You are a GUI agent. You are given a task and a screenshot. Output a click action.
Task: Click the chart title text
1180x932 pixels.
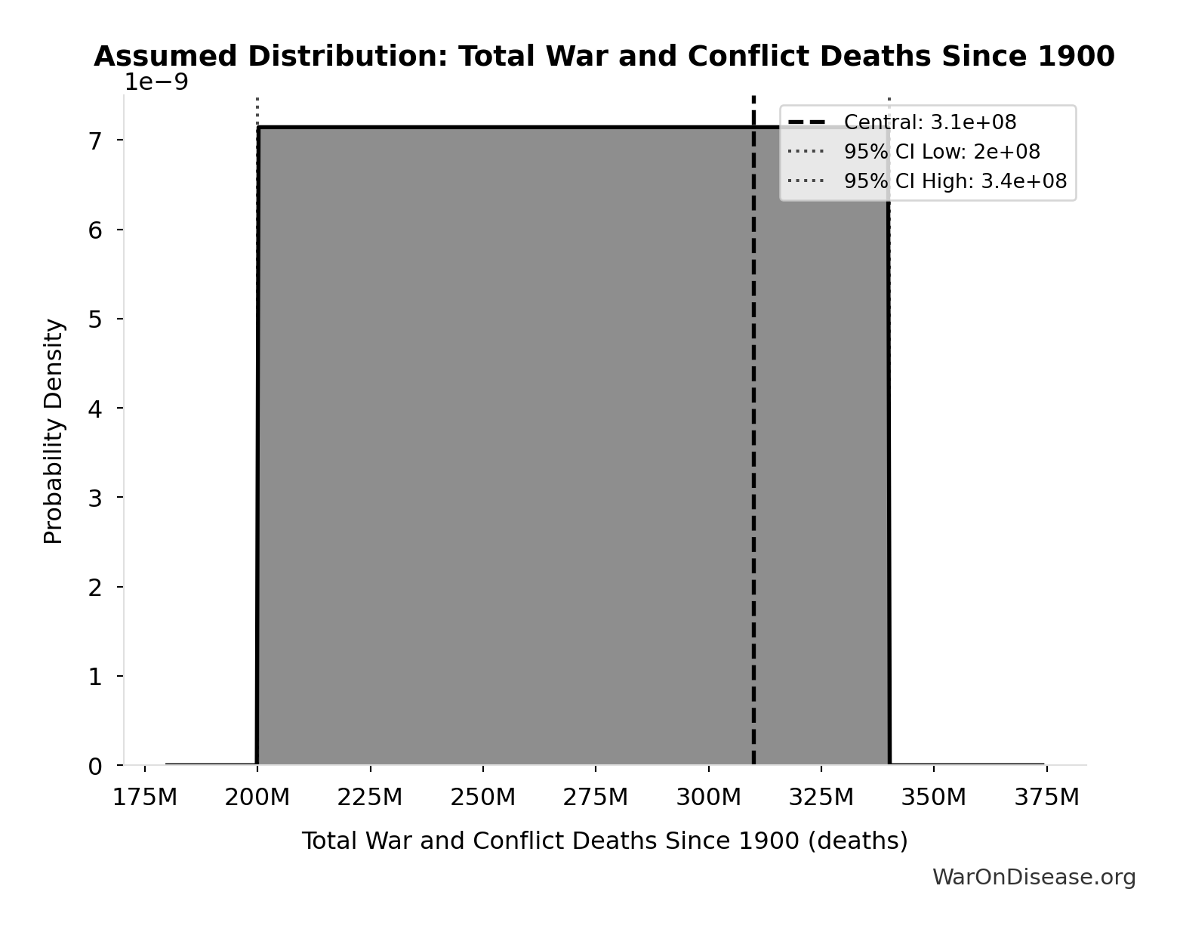[604, 57]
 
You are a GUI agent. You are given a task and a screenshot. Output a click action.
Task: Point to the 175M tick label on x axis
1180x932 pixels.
[145, 797]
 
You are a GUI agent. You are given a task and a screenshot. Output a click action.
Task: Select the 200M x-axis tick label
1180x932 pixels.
[257, 797]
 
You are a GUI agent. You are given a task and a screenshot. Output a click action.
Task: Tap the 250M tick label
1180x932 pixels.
[483, 797]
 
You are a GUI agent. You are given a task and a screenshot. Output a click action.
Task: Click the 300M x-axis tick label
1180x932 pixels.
[708, 797]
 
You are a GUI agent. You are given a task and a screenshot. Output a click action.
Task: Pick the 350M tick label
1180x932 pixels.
[934, 797]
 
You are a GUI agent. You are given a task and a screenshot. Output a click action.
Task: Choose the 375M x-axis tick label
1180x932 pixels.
[1046, 797]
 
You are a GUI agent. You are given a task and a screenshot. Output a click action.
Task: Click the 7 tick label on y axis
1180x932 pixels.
[95, 140]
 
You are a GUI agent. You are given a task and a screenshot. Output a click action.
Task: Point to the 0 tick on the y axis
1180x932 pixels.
[95, 767]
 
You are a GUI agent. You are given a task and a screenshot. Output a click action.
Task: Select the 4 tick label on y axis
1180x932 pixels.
[95, 409]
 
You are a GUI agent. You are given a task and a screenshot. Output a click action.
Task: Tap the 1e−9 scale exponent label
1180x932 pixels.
[156, 82]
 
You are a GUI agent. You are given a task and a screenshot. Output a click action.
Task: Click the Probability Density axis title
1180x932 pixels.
[54, 431]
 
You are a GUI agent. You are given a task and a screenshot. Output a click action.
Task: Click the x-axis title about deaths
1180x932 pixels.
[605, 841]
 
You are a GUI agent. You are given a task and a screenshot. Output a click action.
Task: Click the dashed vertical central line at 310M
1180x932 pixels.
[753, 453]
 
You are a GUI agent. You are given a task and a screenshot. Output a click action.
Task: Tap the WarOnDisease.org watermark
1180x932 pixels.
[1034, 877]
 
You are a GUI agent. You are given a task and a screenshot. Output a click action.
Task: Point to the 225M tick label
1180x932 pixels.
[371, 797]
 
